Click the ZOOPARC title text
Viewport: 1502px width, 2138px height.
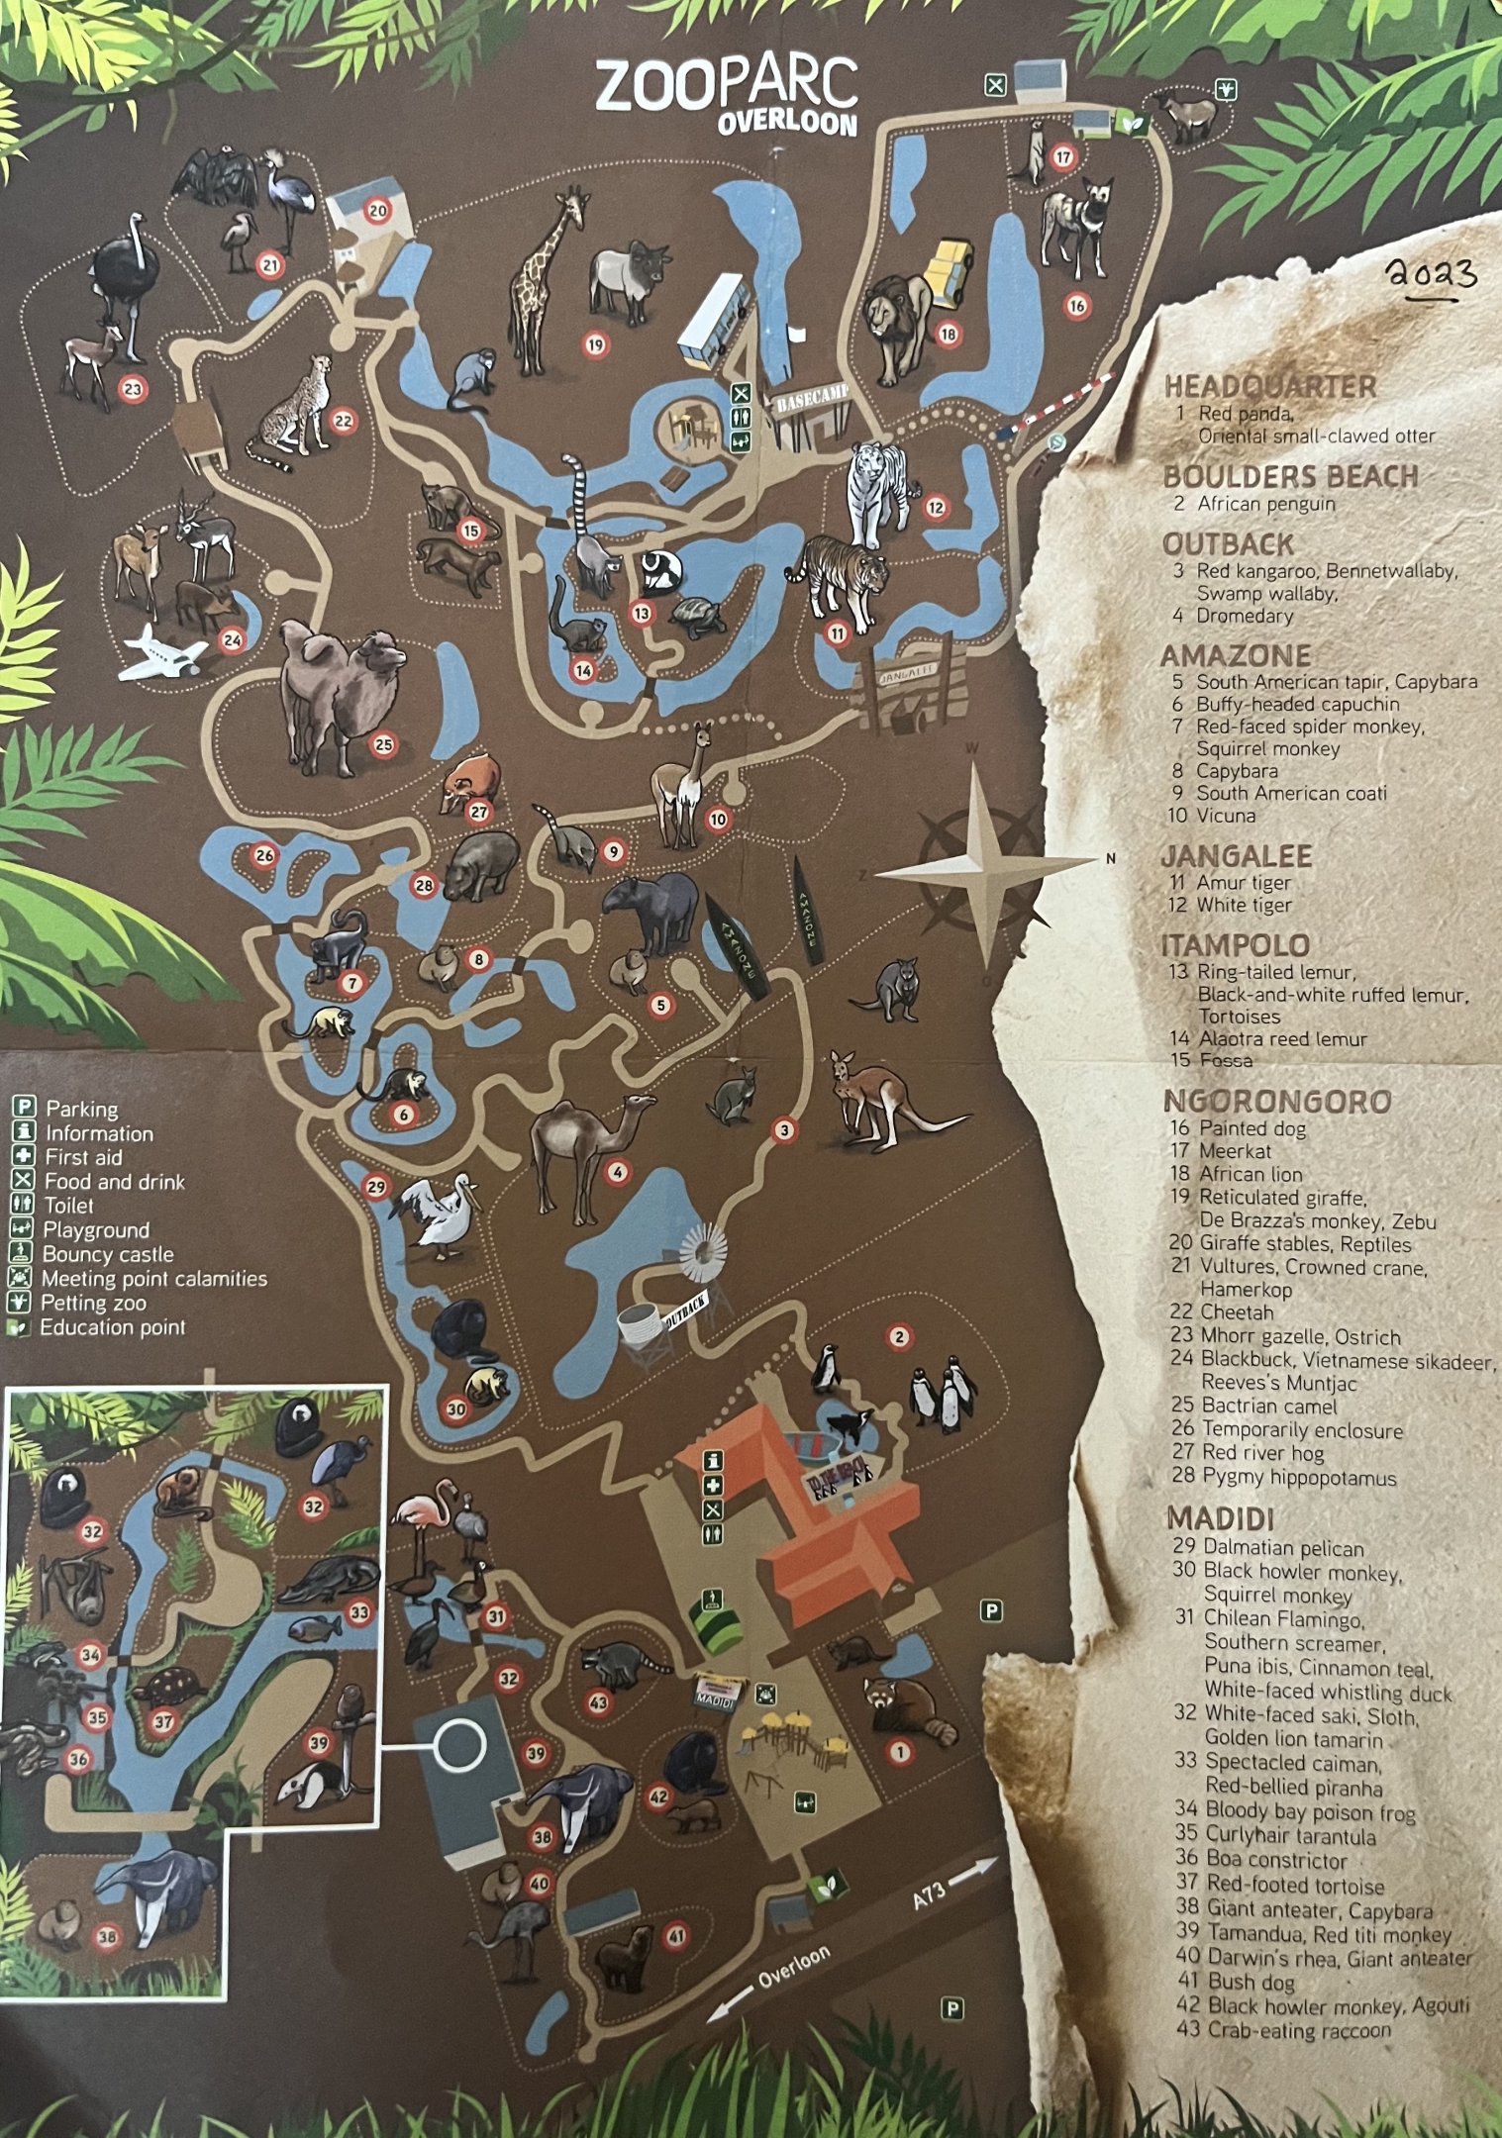tap(726, 85)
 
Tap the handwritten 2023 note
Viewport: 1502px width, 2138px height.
tap(1431, 273)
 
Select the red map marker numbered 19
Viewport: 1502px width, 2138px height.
tap(594, 344)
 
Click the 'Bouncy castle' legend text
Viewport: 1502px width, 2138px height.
tap(108, 1254)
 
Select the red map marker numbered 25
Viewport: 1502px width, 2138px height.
tap(384, 744)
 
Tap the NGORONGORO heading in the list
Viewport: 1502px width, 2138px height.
tap(1277, 1102)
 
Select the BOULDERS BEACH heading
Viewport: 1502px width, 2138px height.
tap(1290, 476)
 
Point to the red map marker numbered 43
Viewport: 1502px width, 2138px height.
tap(598, 1702)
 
